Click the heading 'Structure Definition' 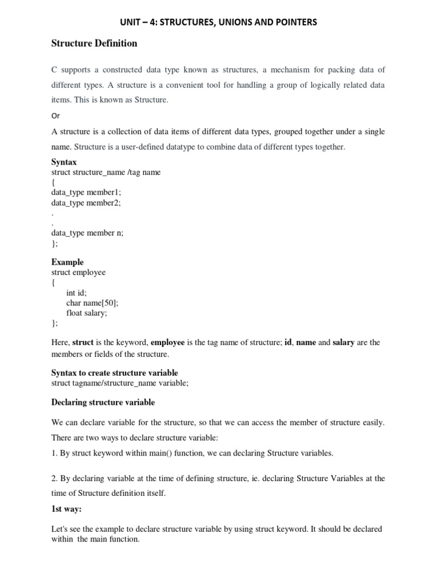(x=94, y=43)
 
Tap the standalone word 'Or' (x=55, y=115)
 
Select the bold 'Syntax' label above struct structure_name (x=64, y=162)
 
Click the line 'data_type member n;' (x=87, y=233)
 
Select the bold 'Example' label (x=67, y=262)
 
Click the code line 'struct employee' (x=79, y=273)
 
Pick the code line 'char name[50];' (x=92, y=303)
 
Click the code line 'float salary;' (x=86, y=313)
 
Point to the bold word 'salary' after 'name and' (x=343, y=343)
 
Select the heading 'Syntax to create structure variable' (x=115, y=373)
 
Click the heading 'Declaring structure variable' (x=103, y=403)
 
